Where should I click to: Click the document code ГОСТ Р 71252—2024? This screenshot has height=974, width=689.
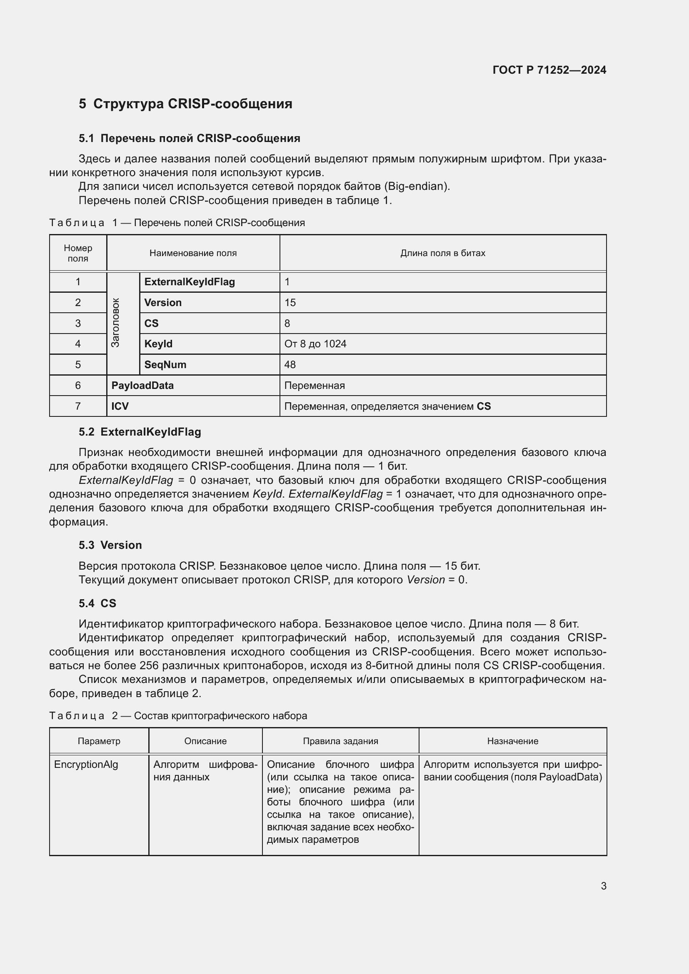(549, 70)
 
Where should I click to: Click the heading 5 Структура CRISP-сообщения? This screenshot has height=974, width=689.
(185, 104)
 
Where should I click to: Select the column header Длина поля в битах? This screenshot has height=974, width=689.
(442, 253)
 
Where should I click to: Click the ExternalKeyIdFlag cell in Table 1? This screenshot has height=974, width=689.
(189, 281)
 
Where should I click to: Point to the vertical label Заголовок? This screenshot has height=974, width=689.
(115, 322)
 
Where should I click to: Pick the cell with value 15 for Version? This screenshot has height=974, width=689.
(290, 302)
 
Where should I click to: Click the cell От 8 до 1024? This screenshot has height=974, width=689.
(315, 344)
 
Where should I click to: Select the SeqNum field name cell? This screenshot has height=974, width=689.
(165, 364)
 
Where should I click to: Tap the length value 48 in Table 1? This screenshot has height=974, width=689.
(290, 364)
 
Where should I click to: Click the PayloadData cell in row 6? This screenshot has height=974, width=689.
(142, 385)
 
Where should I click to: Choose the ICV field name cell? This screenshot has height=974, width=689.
(120, 406)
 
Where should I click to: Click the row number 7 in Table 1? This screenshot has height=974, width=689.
(77, 406)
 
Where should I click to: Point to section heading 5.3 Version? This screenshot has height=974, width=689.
(110, 545)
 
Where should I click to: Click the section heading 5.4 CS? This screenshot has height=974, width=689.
(97, 603)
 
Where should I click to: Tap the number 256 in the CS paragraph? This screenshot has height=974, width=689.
(148, 665)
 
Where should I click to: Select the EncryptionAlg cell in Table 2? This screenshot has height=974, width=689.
(86, 765)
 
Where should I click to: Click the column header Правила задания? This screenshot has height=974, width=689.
(340, 741)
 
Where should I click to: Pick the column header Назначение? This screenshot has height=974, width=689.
(512, 741)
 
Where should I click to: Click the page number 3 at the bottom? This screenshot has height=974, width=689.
(603, 886)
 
